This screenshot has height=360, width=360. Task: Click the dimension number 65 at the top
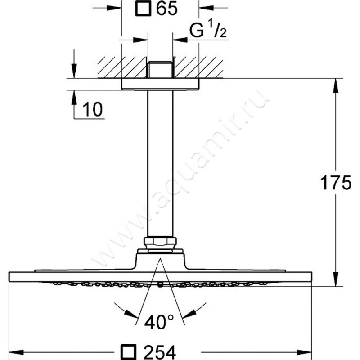pyautogui.click(x=166, y=9)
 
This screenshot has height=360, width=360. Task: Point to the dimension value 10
pyautogui.click(x=92, y=109)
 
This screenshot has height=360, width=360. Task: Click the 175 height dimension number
pyautogui.click(x=336, y=183)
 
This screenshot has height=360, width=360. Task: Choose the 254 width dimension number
pyautogui.click(x=160, y=352)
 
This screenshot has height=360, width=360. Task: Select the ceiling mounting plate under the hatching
pyautogui.click(x=160, y=84)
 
